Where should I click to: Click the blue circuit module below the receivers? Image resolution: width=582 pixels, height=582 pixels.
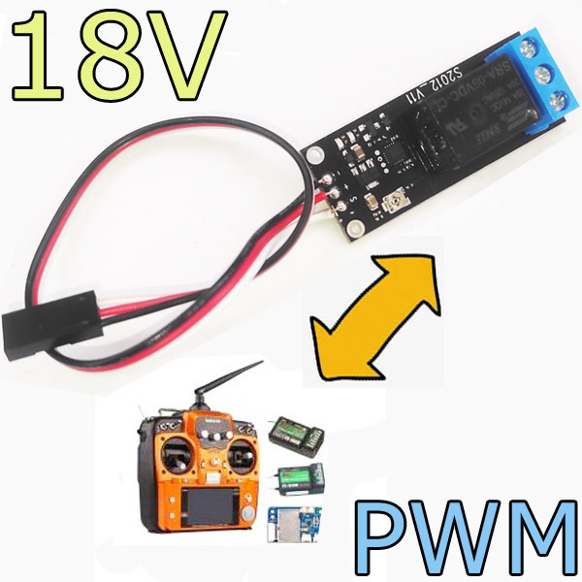291,524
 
